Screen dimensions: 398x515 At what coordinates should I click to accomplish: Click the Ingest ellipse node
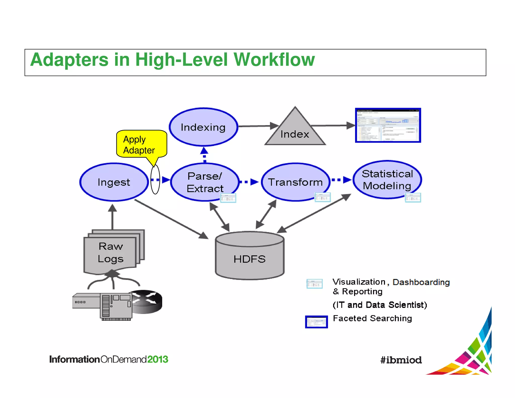point(114,182)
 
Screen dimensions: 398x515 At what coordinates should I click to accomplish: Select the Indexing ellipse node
point(203,127)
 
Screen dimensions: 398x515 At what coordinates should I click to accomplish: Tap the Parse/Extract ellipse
point(204,182)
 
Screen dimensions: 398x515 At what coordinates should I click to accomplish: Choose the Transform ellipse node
point(295,182)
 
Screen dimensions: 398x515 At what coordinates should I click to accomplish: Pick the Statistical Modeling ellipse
point(387,180)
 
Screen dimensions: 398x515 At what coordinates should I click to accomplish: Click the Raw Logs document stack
point(111,252)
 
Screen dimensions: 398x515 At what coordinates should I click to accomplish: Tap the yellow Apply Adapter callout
point(141,144)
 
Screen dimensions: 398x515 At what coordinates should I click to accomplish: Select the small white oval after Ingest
point(155,179)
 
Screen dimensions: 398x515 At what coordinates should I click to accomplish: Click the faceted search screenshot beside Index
point(388,125)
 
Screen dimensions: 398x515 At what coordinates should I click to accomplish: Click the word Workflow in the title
point(274,60)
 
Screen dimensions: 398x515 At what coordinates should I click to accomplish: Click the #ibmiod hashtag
point(401,360)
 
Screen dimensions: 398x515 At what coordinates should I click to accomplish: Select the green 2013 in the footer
point(157,359)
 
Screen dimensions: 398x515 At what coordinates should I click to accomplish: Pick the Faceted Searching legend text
point(372,319)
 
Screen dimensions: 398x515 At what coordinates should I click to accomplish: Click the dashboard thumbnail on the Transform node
point(323,197)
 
